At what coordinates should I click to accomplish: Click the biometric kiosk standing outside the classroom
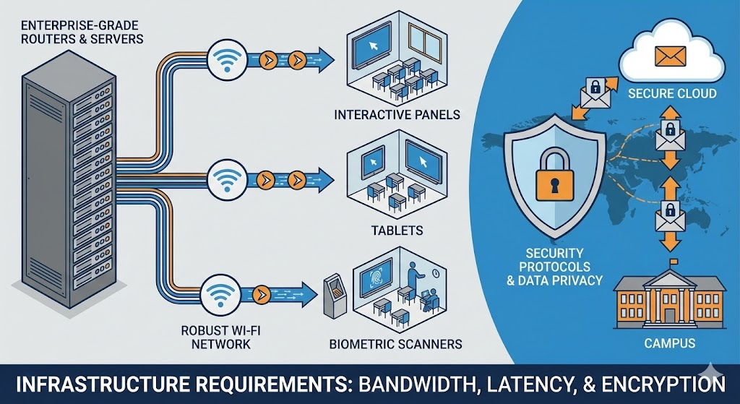coord(333,295)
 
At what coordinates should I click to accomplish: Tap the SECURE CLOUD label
coord(672,94)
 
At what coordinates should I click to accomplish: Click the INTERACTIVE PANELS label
coord(397,114)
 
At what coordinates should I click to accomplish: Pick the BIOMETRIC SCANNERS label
coord(395,344)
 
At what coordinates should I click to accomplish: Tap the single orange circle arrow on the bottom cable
coord(265,293)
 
